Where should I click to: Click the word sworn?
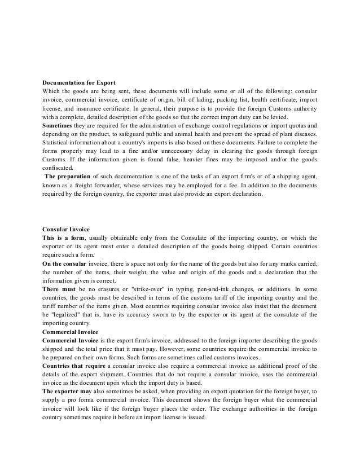click(x=164, y=315)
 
